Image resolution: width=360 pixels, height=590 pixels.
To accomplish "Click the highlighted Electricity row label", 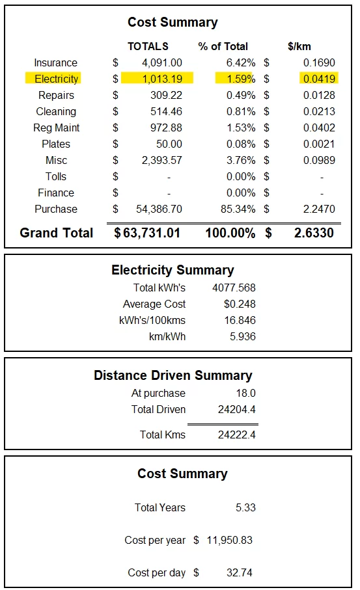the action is [56, 79].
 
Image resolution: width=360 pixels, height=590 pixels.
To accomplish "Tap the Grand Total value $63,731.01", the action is [147, 233].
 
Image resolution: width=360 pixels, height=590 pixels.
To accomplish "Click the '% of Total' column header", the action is [223, 46].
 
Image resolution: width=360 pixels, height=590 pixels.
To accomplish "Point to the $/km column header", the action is [300, 46].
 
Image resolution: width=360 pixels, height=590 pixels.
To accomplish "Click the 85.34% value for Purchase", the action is [241, 209].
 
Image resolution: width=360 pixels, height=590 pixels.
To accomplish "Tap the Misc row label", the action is [56, 160].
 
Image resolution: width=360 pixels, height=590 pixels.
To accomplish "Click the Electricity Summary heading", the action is [173, 270].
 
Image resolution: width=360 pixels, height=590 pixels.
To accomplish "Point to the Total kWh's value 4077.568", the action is [234, 288].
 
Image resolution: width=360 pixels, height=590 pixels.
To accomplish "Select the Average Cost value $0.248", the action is [240, 304].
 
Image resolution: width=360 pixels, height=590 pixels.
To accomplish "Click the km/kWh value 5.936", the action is [242, 336].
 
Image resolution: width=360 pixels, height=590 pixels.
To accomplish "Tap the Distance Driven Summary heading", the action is [173, 375].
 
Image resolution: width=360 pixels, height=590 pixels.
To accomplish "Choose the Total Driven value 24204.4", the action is [237, 409].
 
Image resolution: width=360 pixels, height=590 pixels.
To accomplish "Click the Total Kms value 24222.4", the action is [237, 435].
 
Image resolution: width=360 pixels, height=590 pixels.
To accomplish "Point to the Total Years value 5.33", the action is [245, 507].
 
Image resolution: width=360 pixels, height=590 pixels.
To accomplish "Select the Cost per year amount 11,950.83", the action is [227, 540].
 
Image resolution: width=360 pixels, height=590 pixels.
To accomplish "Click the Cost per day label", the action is [157, 572].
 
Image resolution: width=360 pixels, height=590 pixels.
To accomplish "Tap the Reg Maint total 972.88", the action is [166, 127].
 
